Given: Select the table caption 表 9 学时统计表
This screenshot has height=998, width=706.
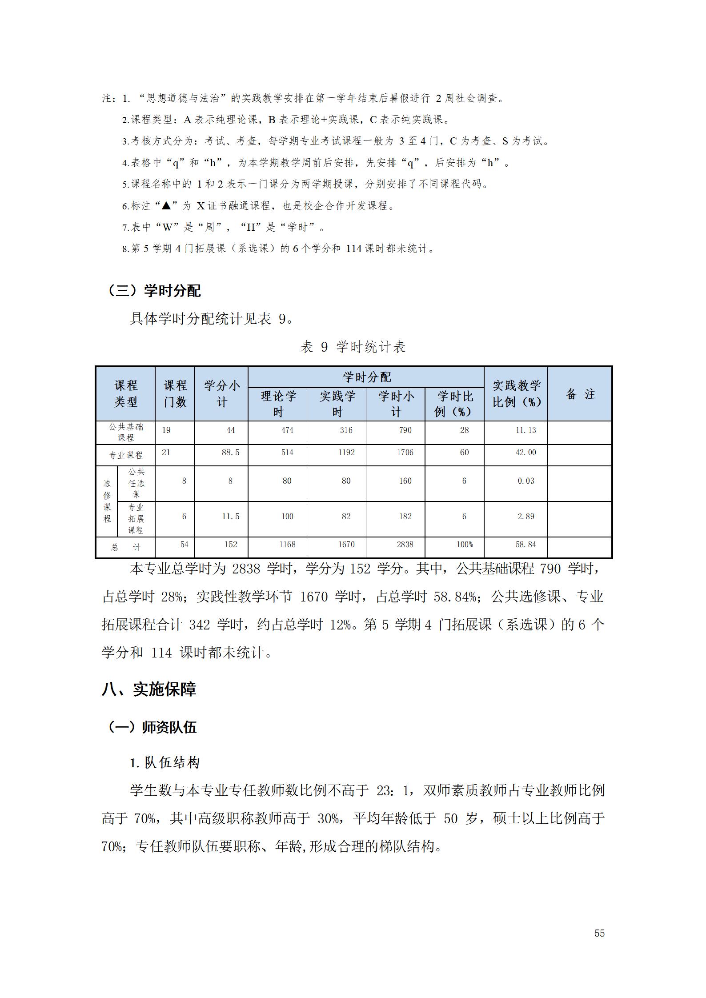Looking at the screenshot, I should pos(353,347).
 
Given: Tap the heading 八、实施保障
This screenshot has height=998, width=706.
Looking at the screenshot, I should pos(149,689).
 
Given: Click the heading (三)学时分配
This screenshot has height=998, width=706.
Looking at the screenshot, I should pos(153,291).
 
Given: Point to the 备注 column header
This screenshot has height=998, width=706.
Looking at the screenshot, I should pos(580,394).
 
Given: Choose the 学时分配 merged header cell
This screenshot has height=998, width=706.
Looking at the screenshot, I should pos(366,377).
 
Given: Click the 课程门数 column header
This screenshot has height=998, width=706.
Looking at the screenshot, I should pos(175,394).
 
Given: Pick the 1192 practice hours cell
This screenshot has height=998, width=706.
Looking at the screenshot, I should pos(346,453).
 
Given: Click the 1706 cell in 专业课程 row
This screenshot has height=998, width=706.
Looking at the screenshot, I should pos(405,453).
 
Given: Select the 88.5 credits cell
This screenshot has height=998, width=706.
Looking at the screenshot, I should pos(230,453).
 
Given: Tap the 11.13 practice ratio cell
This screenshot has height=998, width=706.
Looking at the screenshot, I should pos(525,430).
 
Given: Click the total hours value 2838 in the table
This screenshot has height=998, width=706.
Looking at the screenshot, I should pos(405,545).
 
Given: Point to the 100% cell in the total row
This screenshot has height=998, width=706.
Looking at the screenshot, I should pos(465,545).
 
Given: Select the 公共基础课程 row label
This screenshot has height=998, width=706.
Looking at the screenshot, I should pos(126,432).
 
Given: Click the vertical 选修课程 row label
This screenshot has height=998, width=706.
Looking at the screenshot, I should pos(107,501).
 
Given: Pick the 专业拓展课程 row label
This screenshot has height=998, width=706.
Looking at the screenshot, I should pos(136,519).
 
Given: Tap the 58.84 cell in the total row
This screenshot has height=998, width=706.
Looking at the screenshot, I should pos(525,545).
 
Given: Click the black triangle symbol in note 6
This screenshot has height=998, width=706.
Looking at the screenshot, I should pos(166,206).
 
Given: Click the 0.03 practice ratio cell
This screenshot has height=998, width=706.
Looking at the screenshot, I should pos(525,481).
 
